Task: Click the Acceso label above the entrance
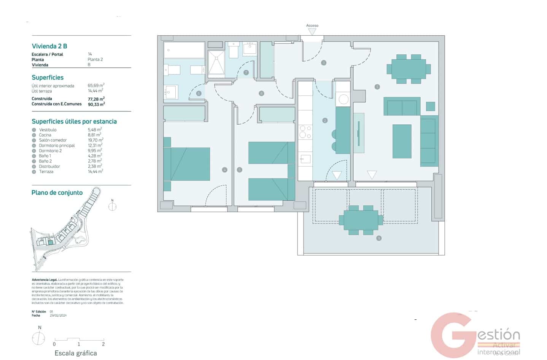[312, 25]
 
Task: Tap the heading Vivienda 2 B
[49, 46]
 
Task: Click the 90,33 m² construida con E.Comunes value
[96, 104]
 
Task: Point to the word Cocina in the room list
[45, 135]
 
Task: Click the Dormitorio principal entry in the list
[57, 146]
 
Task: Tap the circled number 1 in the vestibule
[323, 63]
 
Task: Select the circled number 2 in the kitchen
[324, 121]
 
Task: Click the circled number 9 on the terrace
[378, 238]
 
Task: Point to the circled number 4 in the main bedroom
[224, 170]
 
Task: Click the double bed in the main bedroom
[190, 164]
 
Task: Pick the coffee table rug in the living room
[402, 141]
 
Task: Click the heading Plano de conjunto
[57, 193]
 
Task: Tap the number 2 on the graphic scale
[103, 344]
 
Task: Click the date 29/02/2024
[58, 316]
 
